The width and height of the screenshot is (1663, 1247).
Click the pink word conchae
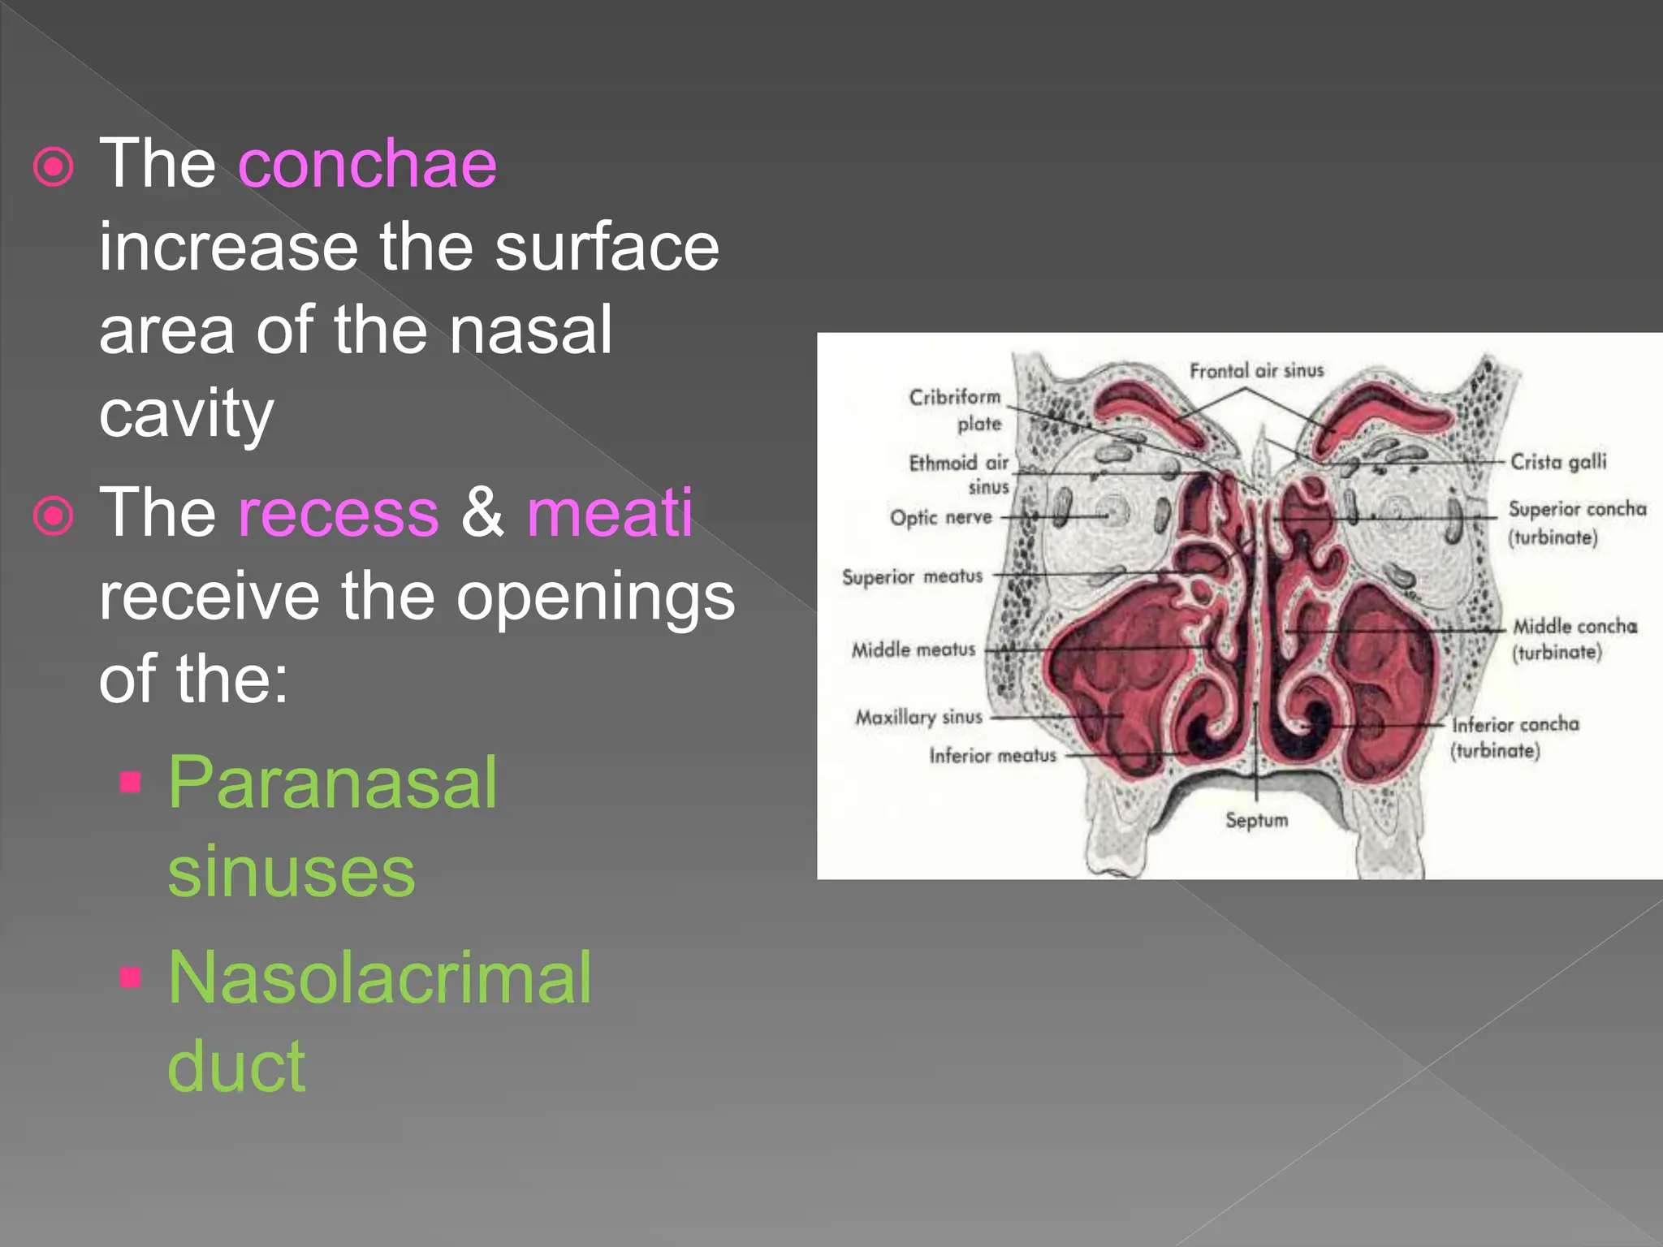click(x=367, y=164)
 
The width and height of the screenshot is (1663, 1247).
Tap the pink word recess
click(x=338, y=513)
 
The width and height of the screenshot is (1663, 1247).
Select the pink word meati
click(x=610, y=513)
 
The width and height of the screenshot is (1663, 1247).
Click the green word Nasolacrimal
click(x=379, y=978)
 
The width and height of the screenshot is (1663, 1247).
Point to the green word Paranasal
click(x=332, y=783)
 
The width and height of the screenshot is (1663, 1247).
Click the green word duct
click(x=236, y=1066)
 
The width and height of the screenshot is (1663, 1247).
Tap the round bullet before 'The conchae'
click(x=54, y=167)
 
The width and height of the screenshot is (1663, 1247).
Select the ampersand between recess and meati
click(x=482, y=513)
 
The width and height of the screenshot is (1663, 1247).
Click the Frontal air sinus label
click(x=1256, y=371)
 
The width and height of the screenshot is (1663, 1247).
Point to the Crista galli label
click(x=1557, y=462)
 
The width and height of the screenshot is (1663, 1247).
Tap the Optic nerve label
click(x=940, y=518)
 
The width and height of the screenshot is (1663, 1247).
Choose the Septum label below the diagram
click(x=1256, y=820)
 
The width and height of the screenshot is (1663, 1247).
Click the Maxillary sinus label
click(x=918, y=718)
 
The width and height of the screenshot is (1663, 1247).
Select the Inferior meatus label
click(x=992, y=756)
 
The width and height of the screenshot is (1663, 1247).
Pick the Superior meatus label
click(x=912, y=577)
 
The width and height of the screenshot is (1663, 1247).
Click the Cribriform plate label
click(x=955, y=410)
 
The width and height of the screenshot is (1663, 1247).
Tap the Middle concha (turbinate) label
click(x=1574, y=639)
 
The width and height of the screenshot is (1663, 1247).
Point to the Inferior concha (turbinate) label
click(x=1514, y=737)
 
